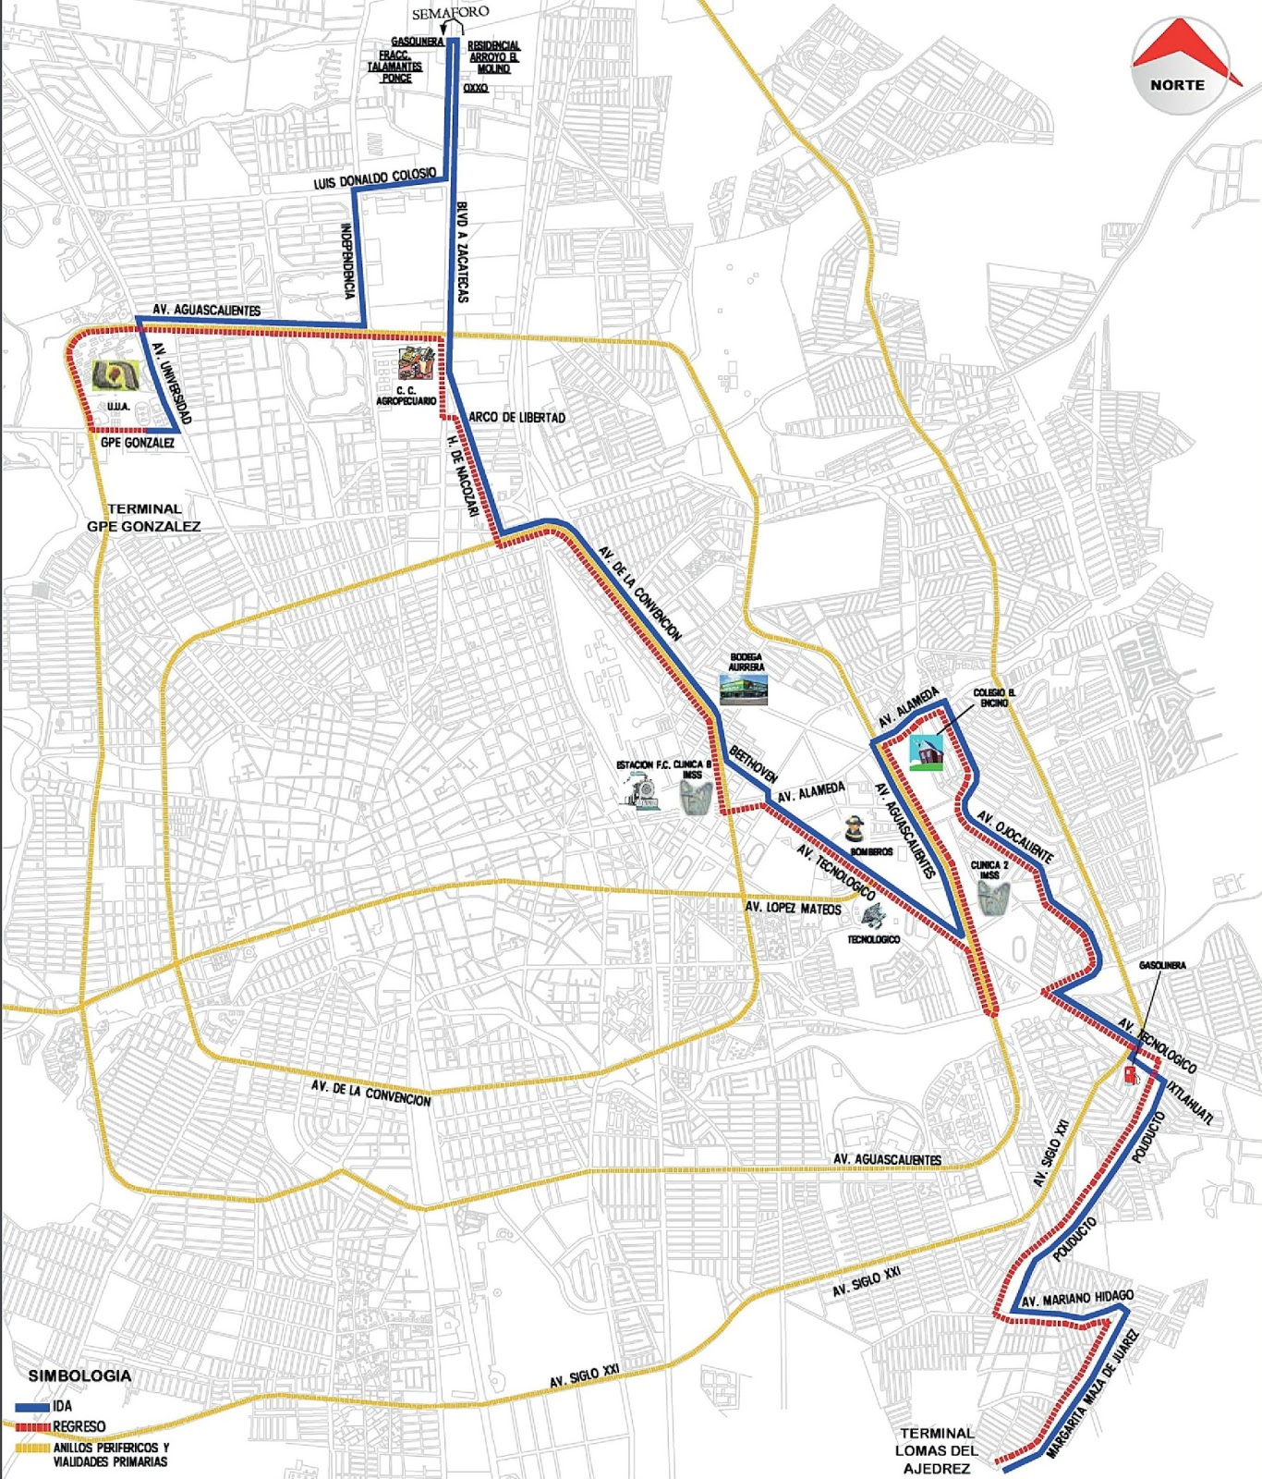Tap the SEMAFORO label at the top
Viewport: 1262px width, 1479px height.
[450, 12]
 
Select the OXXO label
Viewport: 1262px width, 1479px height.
[475, 88]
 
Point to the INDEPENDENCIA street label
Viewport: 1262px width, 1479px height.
[347, 261]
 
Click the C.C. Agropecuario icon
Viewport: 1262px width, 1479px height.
[417, 364]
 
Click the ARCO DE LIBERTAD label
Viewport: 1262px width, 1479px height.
[516, 418]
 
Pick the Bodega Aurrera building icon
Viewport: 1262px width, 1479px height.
[744, 690]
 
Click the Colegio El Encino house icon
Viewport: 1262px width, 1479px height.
[927, 752]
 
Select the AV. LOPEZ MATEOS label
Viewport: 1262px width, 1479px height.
[793, 909]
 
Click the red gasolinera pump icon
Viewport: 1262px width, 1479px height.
[1131, 1075]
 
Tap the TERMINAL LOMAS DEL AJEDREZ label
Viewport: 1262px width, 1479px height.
[936, 1450]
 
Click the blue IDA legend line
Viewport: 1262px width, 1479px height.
[31, 1406]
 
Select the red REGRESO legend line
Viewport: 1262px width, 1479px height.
[31, 1426]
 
